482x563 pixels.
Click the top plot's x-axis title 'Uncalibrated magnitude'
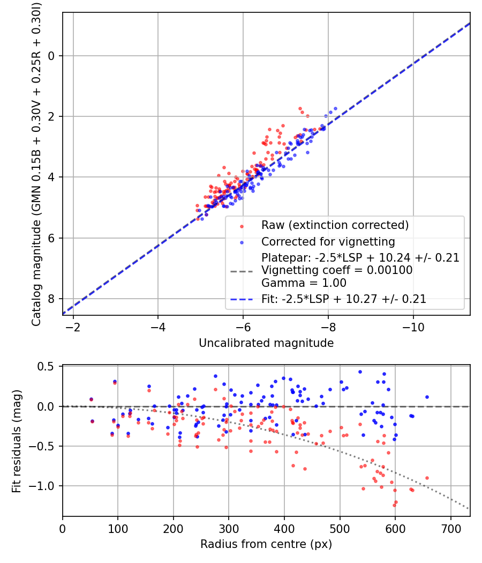(266, 343)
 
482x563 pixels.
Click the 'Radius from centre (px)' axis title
(266, 544)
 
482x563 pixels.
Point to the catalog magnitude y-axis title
(36, 164)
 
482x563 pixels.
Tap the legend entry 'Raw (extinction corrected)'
(335, 224)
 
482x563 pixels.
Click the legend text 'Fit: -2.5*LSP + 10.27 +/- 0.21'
(344, 299)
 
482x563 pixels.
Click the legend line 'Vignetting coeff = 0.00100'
(336, 270)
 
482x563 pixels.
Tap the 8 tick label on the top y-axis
(52, 299)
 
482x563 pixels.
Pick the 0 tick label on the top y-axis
(52, 56)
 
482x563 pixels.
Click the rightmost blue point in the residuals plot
(427, 397)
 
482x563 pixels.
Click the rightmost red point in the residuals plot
(427, 478)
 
